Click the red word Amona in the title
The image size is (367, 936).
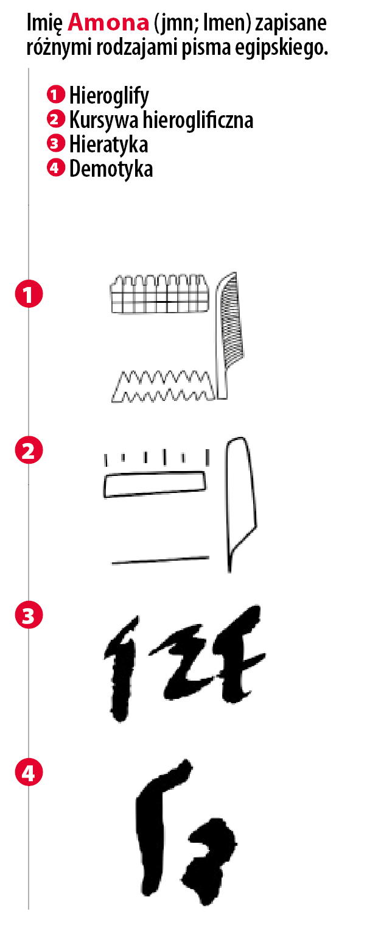coord(108,23)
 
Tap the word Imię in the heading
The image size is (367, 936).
coord(44,24)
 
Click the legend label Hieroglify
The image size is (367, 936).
coord(109,96)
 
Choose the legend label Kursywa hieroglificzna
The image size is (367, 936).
coord(161,120)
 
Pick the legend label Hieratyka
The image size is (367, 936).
coord(108,144)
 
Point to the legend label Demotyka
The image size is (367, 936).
coord(111,169)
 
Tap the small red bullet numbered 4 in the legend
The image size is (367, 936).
coord(56,168)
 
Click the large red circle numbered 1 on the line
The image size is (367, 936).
coord(29,294)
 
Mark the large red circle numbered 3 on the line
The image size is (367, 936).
coord(29,615)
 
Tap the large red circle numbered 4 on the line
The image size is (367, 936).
coord(29,772)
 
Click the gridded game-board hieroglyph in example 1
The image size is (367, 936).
coord(159,293)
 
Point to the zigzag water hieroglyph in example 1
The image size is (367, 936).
coord(164,386)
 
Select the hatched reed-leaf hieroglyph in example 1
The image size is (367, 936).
coord(229,336)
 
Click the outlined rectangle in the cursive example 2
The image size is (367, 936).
coord(155,484)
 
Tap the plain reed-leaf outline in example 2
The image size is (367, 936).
coord(242,504)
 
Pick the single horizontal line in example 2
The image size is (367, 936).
coord(160,560)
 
